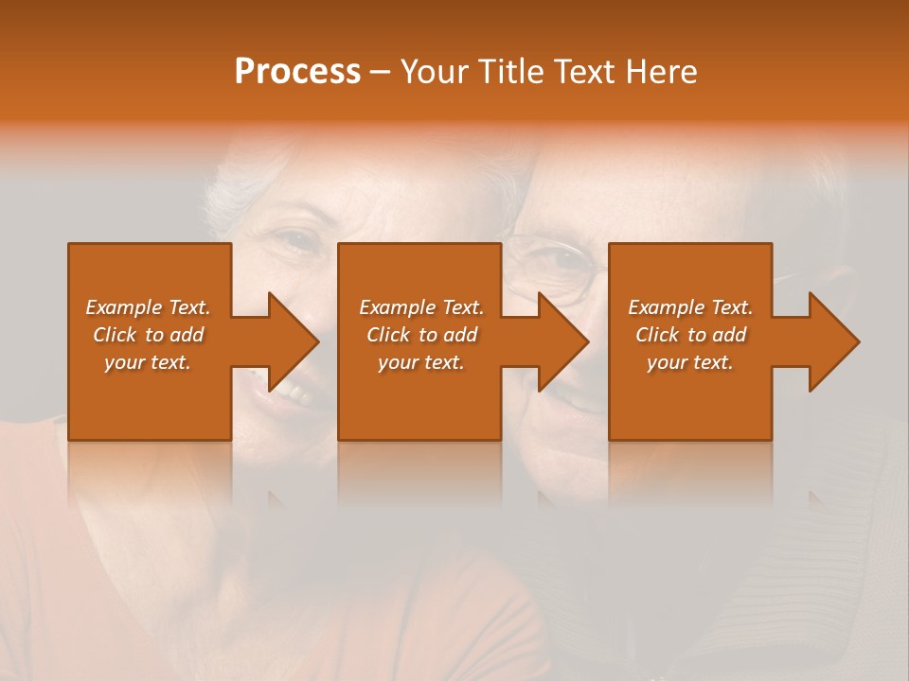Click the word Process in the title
pos(297,72)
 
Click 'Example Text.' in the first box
pos(148,307)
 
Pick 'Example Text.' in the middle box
pos(421,307)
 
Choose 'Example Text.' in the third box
pos(690,307)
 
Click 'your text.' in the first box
pos(148,363)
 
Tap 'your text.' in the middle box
pos(421,363)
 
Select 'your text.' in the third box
pos(690,363)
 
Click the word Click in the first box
pos(115,335)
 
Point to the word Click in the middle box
pos(388,335)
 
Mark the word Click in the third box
pos(657,335)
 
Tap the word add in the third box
pos(728,335)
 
